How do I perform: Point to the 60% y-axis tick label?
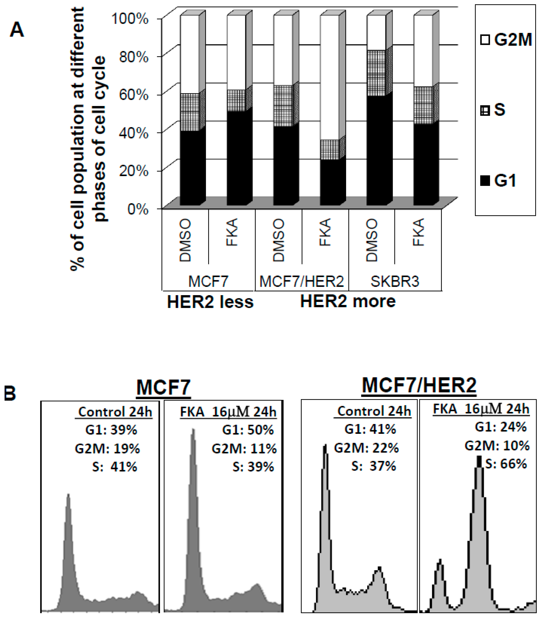click(x=133, y=95)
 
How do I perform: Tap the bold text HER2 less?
click(x=210, y=302)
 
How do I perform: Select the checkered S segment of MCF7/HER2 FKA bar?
click(x=330, y=149)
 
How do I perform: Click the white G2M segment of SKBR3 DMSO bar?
click(x=376, y=33)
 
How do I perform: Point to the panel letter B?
click(x=10, y=394)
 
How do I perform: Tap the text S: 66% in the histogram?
click(x=506, y=464)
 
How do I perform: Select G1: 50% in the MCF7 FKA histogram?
click(x=248, y=429)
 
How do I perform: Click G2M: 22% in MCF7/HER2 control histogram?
click(x=366, y=448)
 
